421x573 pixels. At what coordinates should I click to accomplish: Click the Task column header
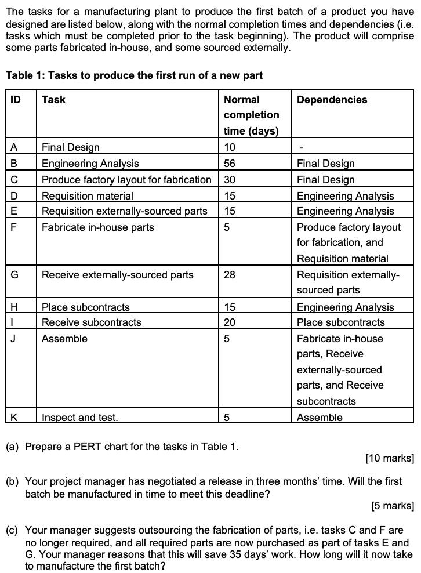coord(53,100)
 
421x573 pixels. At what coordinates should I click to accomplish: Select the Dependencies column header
coord(332,100)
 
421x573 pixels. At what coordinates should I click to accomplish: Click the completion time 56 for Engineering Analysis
coord(230,164)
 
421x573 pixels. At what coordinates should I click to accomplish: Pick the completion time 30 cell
coord(230,180)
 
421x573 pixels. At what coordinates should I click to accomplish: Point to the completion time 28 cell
coord(230,275)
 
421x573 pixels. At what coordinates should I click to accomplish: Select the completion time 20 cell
coord(230,322)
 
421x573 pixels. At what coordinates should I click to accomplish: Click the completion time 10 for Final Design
coord(230,147)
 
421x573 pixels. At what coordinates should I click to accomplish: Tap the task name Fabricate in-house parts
coord(97,227)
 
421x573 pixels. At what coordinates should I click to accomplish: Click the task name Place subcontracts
coord(85,307)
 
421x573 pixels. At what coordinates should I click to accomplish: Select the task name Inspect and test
coord(79,418)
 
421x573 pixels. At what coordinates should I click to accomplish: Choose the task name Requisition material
coord(87,196)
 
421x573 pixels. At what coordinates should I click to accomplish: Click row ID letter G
coord(14,275)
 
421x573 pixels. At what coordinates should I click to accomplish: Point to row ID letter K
coord(14,418)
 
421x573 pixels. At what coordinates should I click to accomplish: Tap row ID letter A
coord(14,147)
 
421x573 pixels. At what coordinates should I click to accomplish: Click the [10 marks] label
coord(389,458)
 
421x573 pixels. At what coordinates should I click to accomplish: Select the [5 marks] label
coord(392,506)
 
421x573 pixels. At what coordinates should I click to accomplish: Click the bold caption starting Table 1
coord(134,75)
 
